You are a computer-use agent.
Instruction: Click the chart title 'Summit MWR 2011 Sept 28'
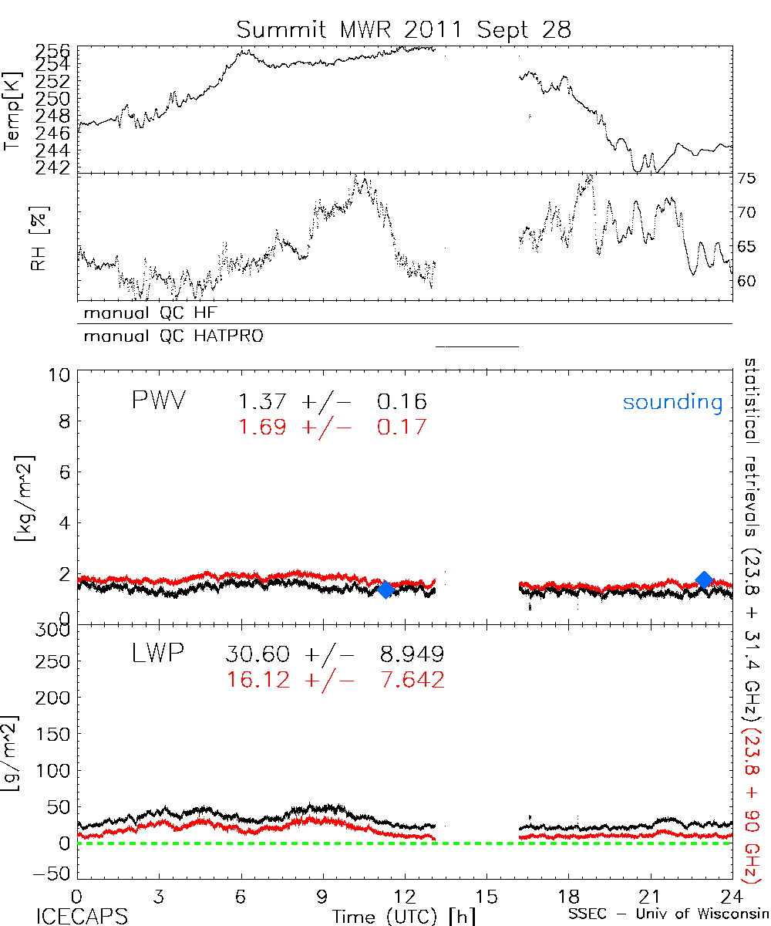(x=405, y=30)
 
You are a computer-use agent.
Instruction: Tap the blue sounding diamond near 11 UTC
(x=386, y=590)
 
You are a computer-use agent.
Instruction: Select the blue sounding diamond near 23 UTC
(x=704, y=580)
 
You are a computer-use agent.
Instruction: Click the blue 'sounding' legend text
(x=672, y=402)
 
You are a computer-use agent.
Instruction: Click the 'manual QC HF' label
(x=146, y=313)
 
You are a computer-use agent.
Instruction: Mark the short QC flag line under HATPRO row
(x=477, y=346)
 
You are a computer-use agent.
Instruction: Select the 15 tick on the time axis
(x=487, y=897)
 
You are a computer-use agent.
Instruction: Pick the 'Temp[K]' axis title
(x=14, y=108)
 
